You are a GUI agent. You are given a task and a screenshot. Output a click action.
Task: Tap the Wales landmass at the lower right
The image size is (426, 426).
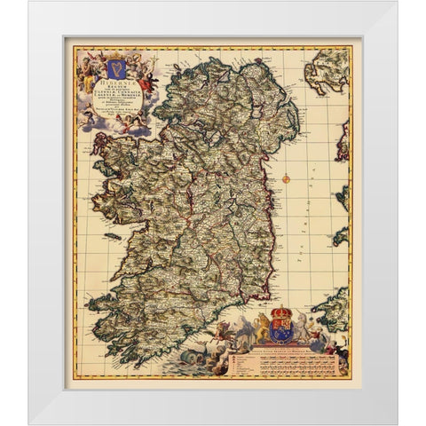coord(333,307)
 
